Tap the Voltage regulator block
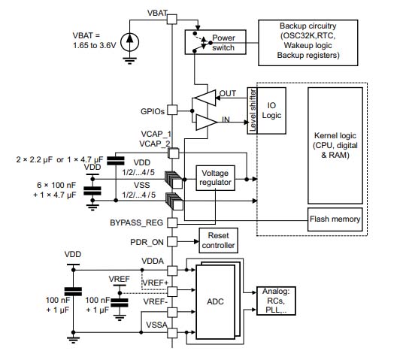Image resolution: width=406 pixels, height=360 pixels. click(215, 178)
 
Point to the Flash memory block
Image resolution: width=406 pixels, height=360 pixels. click(335, 219)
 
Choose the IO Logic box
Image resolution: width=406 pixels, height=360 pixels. click(274, 110)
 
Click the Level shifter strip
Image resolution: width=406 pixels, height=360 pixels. click(253, 110)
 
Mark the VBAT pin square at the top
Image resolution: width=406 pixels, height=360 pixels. click(172, 23)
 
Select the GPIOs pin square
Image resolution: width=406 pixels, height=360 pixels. click(172, 110)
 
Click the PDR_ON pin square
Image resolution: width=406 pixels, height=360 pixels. click(172, 241)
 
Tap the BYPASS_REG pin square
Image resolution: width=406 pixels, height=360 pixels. click(172, 223)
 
